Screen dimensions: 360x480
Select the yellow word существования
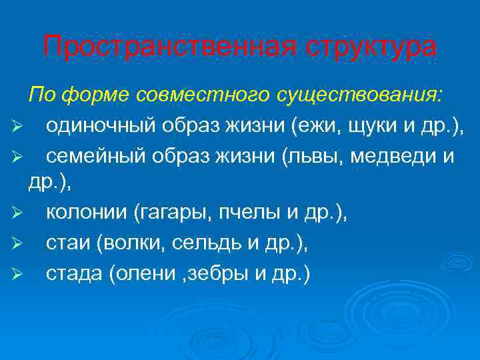[x=374, y=95]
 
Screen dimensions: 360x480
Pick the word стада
[x=71, y=274]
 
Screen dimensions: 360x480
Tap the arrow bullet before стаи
[x=17, y=245]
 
